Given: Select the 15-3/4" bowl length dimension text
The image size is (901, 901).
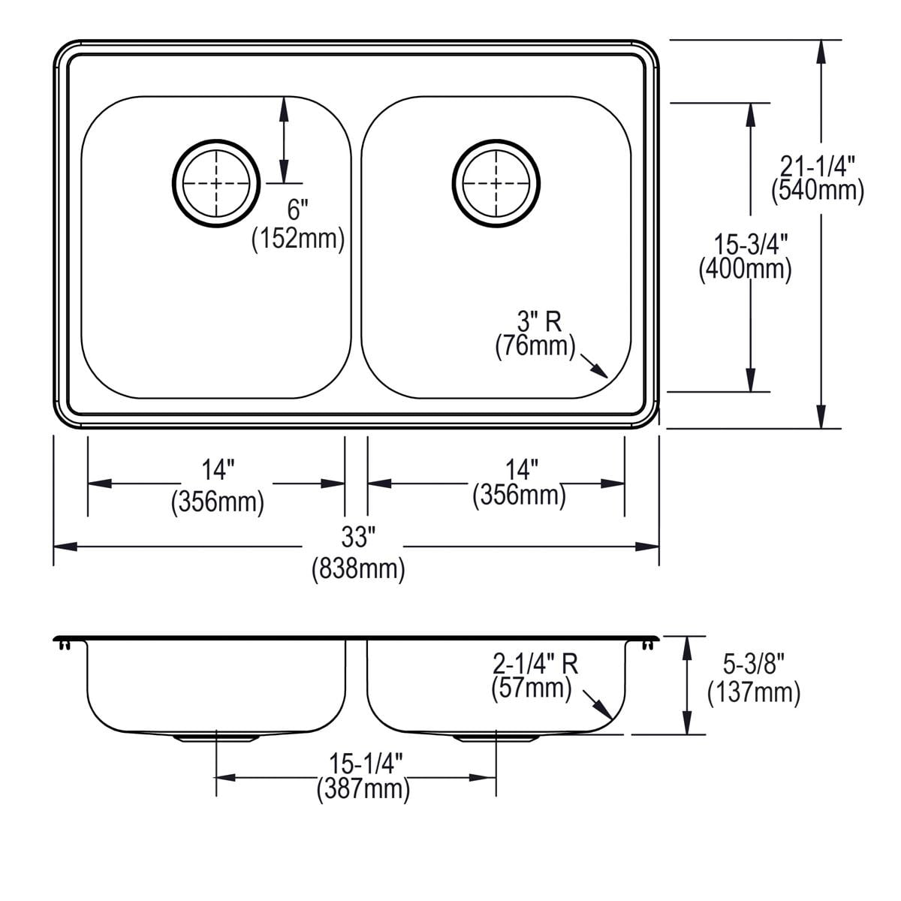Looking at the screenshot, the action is click(750, 245).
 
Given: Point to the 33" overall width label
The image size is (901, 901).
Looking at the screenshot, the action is click(358, 538).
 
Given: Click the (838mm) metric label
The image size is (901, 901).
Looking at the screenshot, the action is click(358, 569).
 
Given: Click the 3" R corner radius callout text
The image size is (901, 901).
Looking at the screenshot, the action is click(539, 322).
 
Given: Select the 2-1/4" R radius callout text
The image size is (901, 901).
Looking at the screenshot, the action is click(535, 664).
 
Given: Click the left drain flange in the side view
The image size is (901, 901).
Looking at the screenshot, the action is click(216, 738).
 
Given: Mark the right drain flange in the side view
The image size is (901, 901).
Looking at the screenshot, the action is click(496, 738).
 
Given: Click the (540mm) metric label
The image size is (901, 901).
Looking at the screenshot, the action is click(818, 191).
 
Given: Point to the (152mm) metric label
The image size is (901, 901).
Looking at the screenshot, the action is click(298, 239).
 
